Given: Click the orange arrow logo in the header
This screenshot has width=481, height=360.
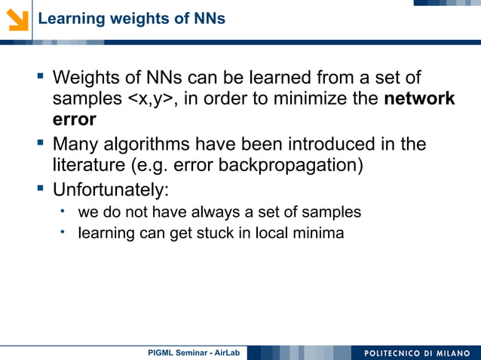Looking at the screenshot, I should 17,17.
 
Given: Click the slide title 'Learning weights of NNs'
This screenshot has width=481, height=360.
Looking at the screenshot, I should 131,18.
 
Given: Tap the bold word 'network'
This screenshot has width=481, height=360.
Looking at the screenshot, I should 419,99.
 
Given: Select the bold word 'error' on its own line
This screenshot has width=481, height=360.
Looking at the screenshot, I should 74,120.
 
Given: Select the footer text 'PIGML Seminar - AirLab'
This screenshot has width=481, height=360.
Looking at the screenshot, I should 193,352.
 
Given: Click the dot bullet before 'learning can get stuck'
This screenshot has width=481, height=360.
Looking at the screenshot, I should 65,231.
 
